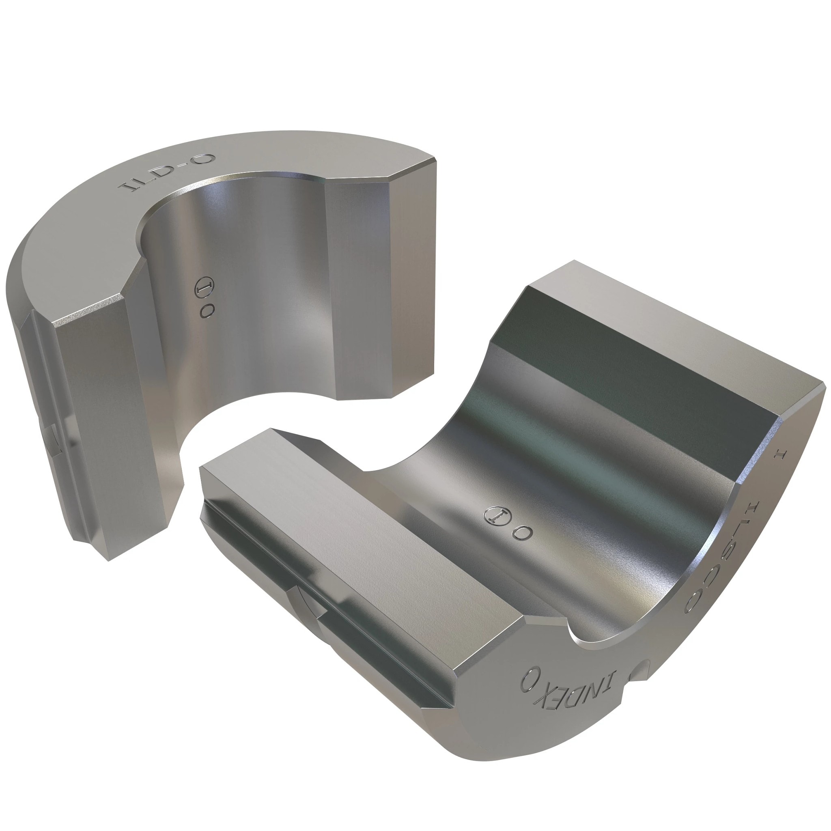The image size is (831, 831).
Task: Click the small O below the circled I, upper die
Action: (x=207, y=311)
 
